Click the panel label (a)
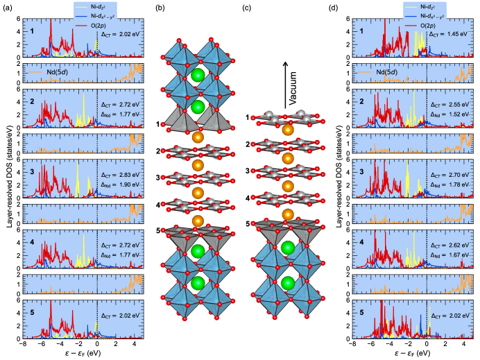coord(6,9)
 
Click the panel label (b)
coord(160,9)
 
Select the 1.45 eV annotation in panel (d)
coord(445,33)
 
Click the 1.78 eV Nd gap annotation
coord(445,186)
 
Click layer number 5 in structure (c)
coord(248,223)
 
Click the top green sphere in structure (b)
coord(198,75)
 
